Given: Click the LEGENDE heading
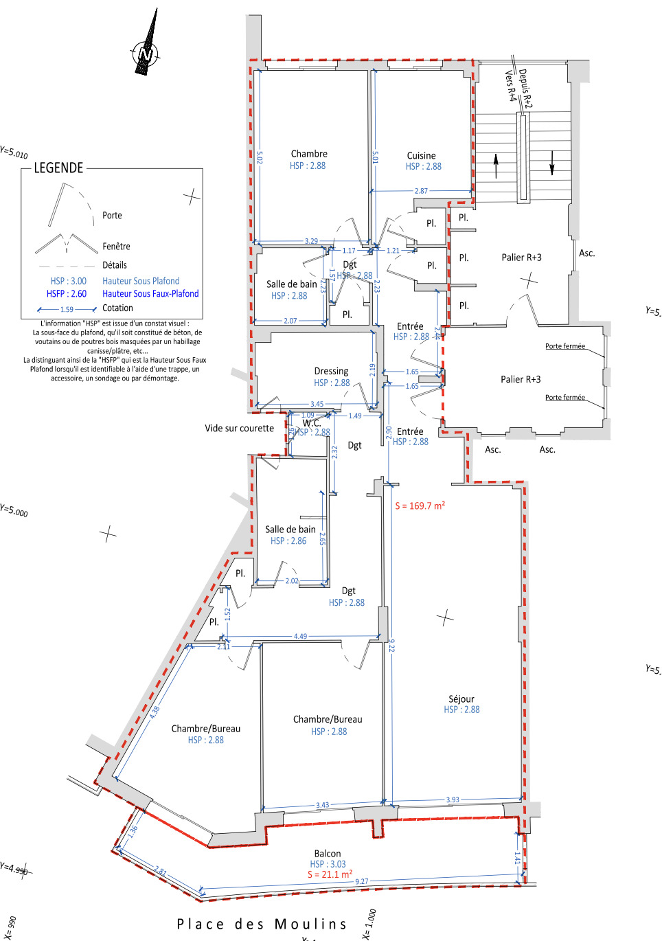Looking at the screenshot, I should point(58,168).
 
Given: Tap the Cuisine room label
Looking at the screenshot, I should point(421,156).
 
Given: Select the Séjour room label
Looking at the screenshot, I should point(461,699).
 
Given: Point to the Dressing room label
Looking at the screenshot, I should point(331,371).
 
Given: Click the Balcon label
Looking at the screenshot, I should point(328,853).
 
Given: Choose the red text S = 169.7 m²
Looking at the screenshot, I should point(420,506).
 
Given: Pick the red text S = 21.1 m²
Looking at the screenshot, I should point(330,874).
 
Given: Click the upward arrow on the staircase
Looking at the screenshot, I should point(496,166).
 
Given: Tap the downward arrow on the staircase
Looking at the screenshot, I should point(551,162).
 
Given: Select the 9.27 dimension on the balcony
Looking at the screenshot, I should point(361,881).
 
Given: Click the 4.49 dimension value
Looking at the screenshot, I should point(301,636).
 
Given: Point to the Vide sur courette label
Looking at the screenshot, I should point(239,429).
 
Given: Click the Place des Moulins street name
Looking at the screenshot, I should point(262,924).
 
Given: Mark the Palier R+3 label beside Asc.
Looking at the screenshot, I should point(521,258).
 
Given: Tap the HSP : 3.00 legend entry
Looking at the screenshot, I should point(69,281).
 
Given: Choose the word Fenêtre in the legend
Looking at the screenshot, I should point(116,247).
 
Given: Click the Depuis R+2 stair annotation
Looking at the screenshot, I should point(525,88).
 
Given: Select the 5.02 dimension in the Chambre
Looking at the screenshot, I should point(260,157).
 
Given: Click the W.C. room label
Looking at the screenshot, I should point(312,423).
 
